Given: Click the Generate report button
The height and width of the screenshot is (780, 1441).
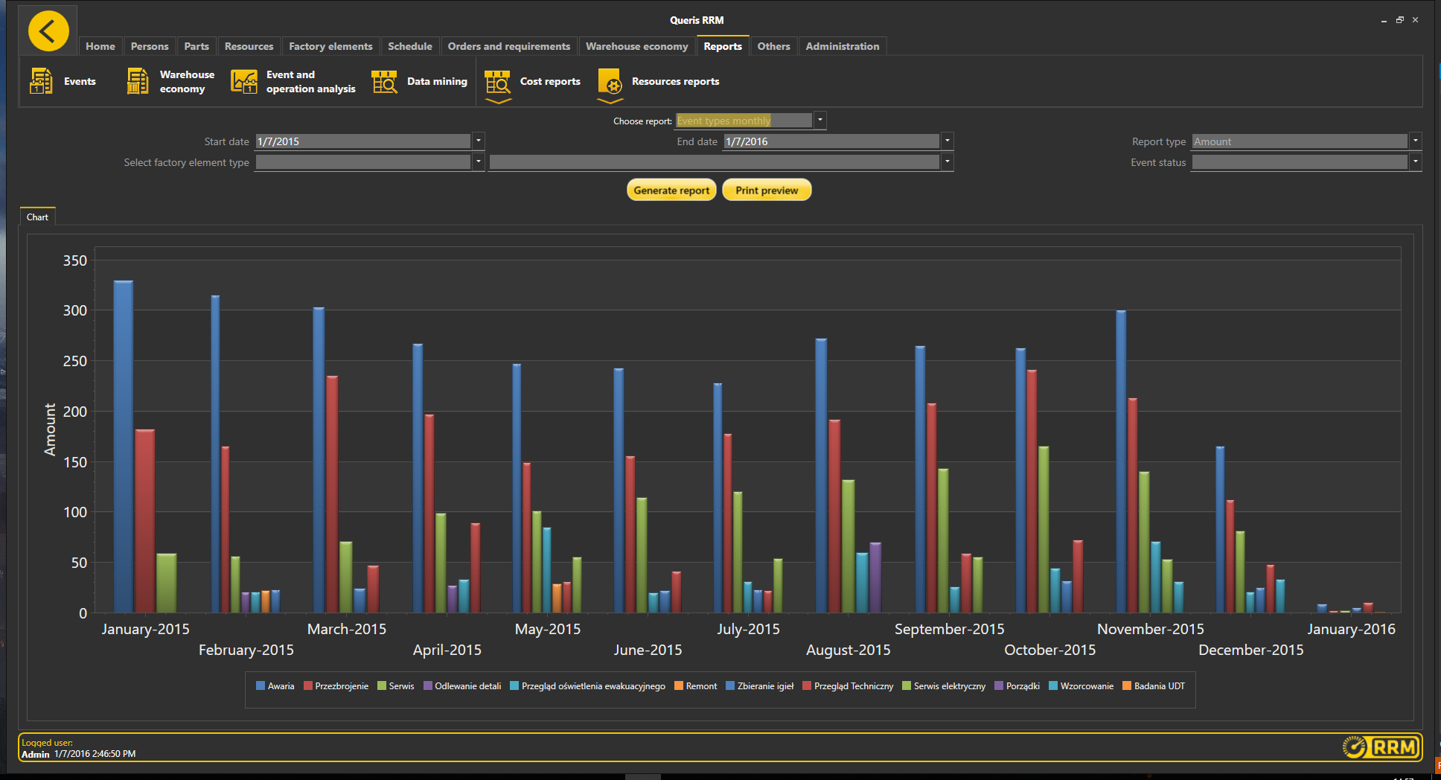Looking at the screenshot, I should point(671,191).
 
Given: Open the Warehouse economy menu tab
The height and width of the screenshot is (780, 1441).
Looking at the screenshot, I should point(636,46).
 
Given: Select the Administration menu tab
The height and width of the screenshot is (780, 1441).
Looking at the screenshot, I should point(842,46).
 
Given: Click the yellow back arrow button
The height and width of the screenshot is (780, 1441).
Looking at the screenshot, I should point(48,31).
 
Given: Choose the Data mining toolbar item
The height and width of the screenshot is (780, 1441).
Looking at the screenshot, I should point(420,82).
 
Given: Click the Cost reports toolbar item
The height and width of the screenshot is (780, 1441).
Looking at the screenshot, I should point(533,82).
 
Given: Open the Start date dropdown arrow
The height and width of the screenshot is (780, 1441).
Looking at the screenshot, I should point(479,141).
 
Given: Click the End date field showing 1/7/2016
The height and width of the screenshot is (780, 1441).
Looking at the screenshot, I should point(830,141).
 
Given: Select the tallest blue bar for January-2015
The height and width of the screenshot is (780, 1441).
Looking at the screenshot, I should point(124,447).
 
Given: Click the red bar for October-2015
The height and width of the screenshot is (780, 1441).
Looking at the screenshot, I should point(1032,491).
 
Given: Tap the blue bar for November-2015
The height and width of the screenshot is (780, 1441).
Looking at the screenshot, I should point(1121,461).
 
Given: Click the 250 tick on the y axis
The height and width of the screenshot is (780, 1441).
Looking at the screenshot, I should point(75,361).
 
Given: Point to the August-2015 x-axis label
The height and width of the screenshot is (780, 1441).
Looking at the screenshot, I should point(848,650).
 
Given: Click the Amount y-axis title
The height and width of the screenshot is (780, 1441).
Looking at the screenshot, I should point(50,429).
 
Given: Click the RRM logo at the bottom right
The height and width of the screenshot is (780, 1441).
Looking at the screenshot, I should point(1381,747).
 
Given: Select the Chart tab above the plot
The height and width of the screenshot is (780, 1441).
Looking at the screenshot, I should point(37,217).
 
